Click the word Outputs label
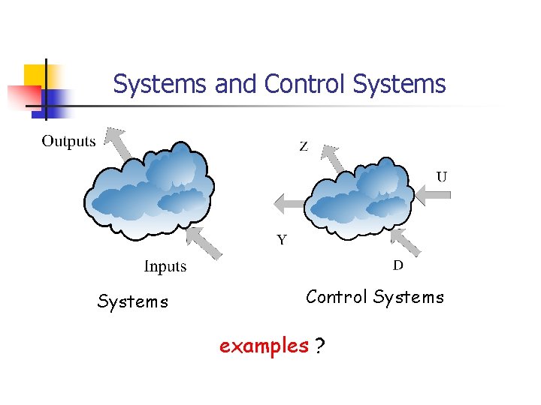68,141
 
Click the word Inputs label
165,266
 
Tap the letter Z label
304,147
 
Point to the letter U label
442,177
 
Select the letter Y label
282,240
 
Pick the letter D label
398,265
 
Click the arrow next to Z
332,157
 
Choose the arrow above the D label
407,241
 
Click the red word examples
264,346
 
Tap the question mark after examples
320,346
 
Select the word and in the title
235,83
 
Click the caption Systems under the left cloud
133,301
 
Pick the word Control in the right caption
336,297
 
